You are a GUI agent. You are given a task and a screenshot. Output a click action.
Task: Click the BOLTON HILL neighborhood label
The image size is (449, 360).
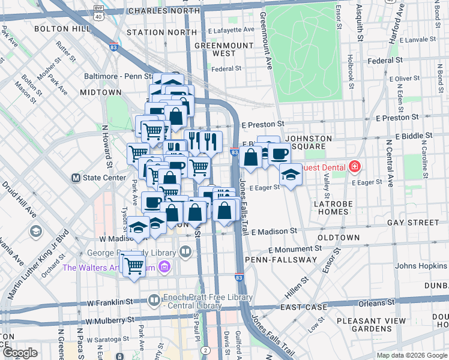point(58,28)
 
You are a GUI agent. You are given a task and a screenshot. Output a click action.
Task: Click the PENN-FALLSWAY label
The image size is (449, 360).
point(280,259)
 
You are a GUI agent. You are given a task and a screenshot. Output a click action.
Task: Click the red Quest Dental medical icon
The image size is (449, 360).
point(355,166)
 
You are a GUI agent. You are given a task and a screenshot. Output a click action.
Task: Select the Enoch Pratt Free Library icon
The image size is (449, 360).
point(155,299)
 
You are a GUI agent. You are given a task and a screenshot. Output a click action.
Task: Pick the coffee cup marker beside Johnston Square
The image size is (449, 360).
point(279,154)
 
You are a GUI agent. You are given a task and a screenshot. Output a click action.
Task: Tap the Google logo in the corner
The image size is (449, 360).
point(20,352)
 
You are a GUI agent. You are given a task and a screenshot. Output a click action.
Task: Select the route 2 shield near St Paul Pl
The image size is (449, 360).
point(205,350)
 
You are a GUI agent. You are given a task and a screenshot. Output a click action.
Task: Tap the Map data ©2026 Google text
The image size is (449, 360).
point(412,355)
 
